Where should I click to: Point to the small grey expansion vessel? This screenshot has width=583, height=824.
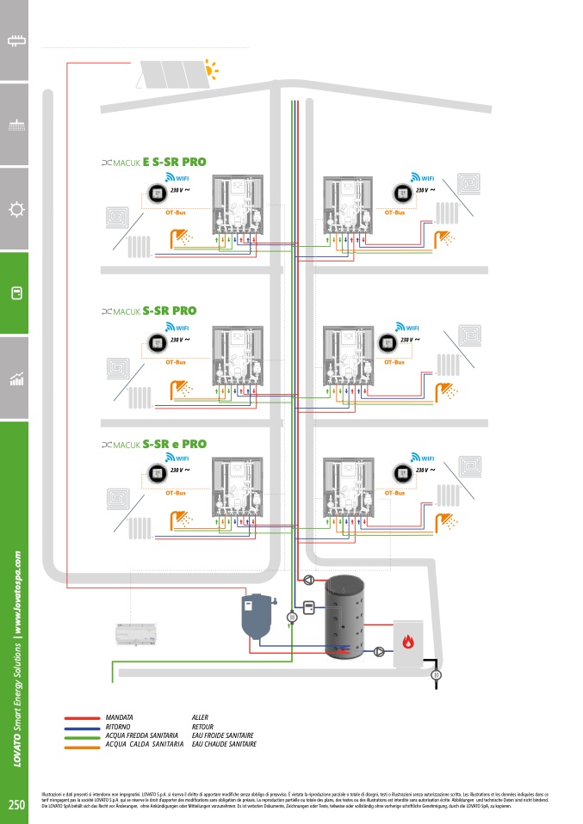pyautogui.click(x=256, y=615)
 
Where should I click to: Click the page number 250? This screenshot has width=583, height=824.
pyautogui.click(x=16, y=805)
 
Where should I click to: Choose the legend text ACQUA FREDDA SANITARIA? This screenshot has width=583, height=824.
pyautogui.click(x=141, y=735)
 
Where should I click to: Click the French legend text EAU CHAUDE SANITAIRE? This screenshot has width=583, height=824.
pyautogui.click(x=224, y=745)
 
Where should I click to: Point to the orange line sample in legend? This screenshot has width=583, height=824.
pyautogui.click(x=83, y=745)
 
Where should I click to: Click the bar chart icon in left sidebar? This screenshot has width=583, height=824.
pyautogui.click(x=15, y=379)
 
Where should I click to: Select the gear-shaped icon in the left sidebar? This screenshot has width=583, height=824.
pyautogui.click(x=15, y=210)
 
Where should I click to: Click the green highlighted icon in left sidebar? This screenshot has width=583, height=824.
pyautogui.click(x=15, y=293)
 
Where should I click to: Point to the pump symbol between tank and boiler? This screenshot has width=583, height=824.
pyautogui.click(x=379, y=651)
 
